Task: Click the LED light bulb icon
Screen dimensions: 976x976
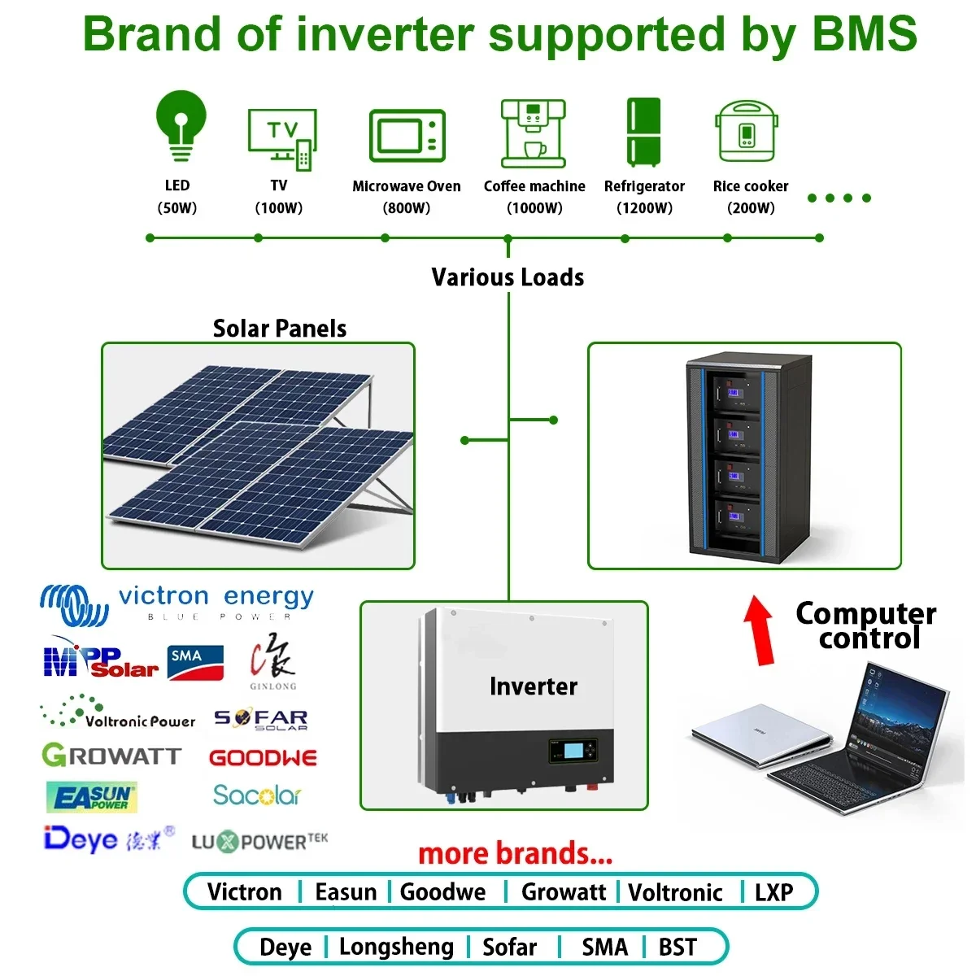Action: click(181, 127)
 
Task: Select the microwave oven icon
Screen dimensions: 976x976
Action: click(407, 136)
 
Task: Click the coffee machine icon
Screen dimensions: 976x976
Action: click(533, 133)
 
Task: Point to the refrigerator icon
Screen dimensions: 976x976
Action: click(643, 132)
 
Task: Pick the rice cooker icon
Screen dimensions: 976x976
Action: click(747, 132)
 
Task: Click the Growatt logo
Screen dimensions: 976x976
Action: click(111, 756)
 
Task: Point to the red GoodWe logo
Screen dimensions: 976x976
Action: click(263, 758)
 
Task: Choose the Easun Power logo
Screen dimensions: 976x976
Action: click(91, 798)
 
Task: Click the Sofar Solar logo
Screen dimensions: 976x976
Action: click(261, 719)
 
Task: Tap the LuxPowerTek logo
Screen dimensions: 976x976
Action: click(259, 842)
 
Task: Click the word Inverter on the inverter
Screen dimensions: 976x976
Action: click(533, 686)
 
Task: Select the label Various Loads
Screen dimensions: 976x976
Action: click(508, 277)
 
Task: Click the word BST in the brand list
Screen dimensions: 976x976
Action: click(678, 947)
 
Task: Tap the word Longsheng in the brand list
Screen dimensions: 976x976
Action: click(396, 947)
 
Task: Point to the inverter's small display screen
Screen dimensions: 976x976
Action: click(574, 749)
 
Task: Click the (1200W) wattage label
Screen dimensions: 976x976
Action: click(644, 207)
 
